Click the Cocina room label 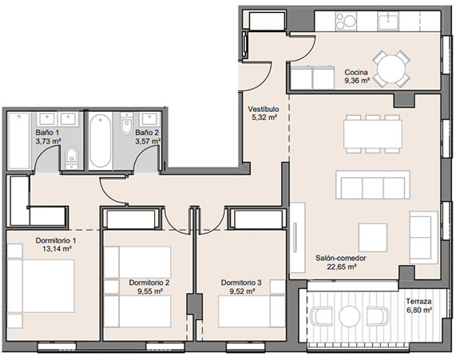click(356, 72)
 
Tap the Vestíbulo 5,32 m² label click(264, 113)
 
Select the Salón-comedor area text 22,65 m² click(342, 267)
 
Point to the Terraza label click(418, 301)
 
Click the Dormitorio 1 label click(56, 240)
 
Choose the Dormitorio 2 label click(149, 283)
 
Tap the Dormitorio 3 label click(241, 283)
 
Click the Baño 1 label click(47, 133)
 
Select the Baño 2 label click(147, 133)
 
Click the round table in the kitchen click(391, 69)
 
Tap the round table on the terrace click(349, 316)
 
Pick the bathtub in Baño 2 click(100, 140)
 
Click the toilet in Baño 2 click(126, 124)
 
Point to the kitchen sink click(388, 21)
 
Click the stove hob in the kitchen click(346, 21)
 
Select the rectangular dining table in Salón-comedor click(372, 134)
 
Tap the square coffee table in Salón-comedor click(372, 238)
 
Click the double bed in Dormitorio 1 click(41, 286)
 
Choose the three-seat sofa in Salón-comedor click(372, 185)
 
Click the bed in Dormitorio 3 click(252, 311)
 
